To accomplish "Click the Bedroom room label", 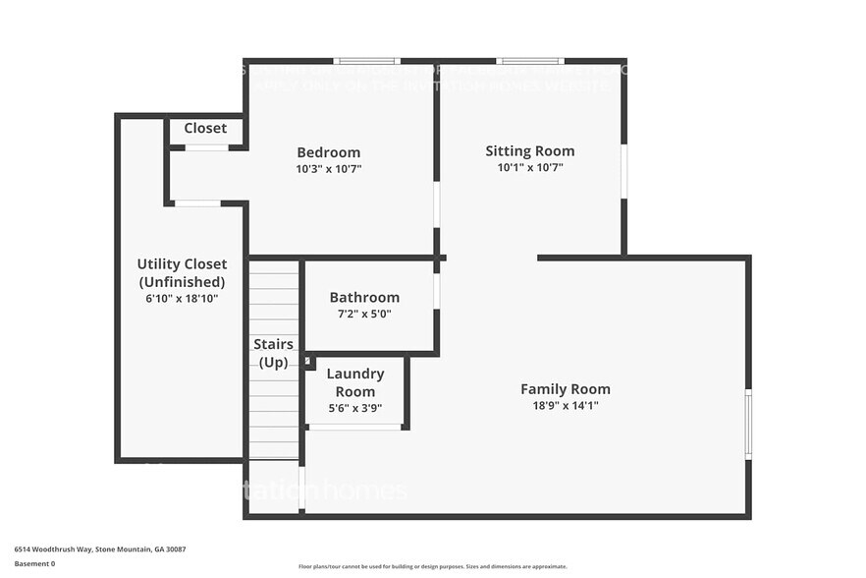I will point(328,152).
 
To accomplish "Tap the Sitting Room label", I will point(529,150).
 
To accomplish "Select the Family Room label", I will point(565,388).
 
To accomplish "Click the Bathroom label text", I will point(364,297).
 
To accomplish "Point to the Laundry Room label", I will point(354,382).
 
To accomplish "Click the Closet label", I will point(205,128).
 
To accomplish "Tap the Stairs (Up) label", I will point(273,353).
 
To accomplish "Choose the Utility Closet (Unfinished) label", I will point(182,272).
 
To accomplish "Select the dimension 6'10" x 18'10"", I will point(182,298).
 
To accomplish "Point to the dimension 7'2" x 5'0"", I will point(364,315).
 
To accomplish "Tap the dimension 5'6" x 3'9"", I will point(354,408).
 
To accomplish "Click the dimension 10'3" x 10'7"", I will point(328,169).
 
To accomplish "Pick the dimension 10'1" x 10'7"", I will point(529,168).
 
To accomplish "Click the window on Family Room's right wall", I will point(748,425).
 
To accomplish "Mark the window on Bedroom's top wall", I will point(366,61).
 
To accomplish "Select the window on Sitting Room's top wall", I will point(529,61).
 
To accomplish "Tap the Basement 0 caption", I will point(34,563).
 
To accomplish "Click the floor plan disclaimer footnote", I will point(432,566).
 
